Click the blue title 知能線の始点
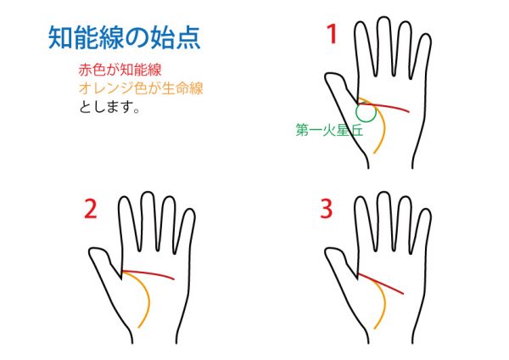124,37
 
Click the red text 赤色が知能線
120,70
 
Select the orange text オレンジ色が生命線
141,88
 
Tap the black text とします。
109,107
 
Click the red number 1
332,34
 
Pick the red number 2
91,209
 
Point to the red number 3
327,209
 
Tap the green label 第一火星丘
329,130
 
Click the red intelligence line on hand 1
383,106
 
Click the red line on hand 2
148,273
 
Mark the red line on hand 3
380,284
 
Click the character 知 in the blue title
60,38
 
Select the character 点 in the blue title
188,38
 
